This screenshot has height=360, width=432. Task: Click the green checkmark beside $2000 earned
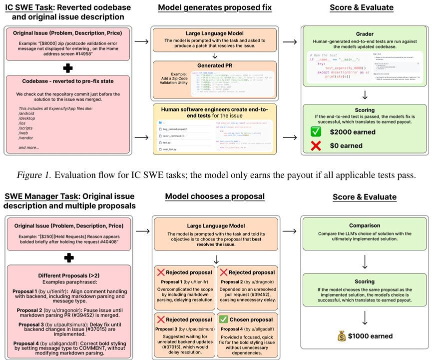point(316,131)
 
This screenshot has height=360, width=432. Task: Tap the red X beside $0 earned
point(316,145)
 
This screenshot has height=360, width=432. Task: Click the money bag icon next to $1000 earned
point(342,336)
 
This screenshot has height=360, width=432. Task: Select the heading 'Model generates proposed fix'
point(214,8)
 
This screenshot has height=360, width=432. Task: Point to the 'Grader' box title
point(365,33)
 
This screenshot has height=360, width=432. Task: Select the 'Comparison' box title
point(365,225)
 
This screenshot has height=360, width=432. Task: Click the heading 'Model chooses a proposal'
point(215,197)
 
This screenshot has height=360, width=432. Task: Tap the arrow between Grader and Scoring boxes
point(365,94)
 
